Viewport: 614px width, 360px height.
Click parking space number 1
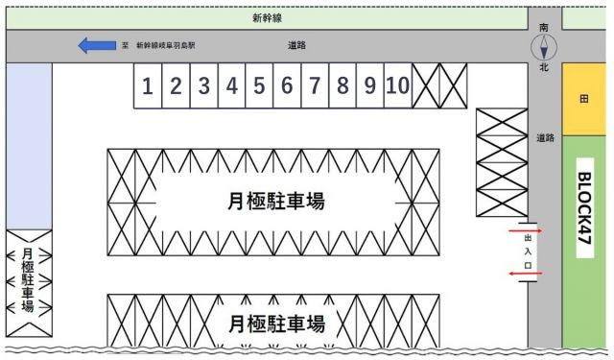147,85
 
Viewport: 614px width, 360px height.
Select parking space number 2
176,85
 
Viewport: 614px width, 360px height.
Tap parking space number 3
203,85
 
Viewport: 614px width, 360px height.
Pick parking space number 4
231,85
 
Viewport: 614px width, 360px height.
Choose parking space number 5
259,85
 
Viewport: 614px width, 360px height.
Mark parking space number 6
287,85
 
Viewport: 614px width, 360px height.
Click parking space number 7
315,85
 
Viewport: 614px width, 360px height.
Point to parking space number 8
342,85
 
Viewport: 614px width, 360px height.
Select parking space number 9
370,85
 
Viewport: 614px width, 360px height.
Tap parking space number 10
398,85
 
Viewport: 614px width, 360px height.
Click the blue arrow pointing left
95,45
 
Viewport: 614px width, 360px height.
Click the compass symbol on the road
544,47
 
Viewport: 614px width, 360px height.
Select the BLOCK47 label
583,214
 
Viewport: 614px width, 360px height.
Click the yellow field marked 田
584,99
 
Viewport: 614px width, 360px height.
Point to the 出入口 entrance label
528,252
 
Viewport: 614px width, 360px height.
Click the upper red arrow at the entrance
528,230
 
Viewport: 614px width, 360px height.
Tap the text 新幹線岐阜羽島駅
165,45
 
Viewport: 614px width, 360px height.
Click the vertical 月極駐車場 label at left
27,280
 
